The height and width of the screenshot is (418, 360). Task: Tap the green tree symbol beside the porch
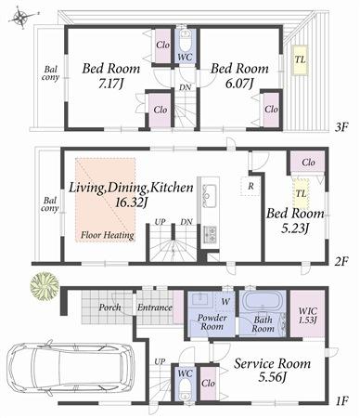click(40, 287)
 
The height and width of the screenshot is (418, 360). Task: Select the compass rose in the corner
click(19, 16)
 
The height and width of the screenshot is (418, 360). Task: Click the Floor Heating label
click(107, 236)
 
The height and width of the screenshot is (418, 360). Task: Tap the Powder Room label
click(213, 323)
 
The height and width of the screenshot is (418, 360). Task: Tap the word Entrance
click(154, 307)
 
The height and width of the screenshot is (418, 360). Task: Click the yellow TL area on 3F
click(300, 60)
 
